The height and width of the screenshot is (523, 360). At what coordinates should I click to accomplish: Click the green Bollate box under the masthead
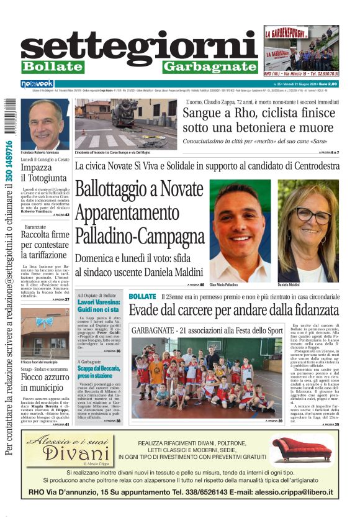[x=52, y=66]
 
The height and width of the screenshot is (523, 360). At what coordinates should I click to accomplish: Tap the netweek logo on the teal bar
[x=37, y=83]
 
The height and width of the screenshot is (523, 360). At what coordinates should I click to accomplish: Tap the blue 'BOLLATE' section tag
[x=142, y=296]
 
